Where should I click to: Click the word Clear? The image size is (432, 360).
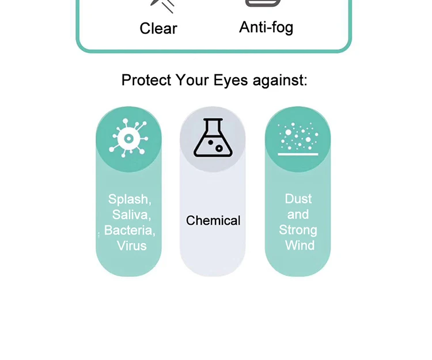click(x=158, y=28)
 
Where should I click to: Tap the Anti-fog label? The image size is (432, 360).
click(x=266, y=27)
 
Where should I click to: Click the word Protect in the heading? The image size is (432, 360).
click(x=146, y=80)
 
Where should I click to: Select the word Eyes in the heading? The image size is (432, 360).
click(x=230, y=80)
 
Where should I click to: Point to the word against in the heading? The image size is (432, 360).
click(x=279, y=80)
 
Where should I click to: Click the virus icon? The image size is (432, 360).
click(x=128, y=139)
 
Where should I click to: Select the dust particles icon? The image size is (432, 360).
click(x=298, y=139)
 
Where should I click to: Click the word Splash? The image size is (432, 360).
click(x=130, y=199)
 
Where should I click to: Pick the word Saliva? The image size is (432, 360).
click(x=131, y=215)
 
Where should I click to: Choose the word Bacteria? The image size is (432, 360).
click(x=130, y=230)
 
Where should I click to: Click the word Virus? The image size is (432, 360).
click(x=131, y=246)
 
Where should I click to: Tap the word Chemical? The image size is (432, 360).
click(x=213, y=221)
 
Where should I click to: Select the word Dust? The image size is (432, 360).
click(x=298, y=199)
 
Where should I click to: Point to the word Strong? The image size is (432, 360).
click(x=298, y=230)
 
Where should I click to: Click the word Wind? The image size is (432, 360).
click(x=300, y=245)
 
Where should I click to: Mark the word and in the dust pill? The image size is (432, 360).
click(x=298, y=214)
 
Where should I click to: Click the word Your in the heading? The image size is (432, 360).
click(x=192, y=80)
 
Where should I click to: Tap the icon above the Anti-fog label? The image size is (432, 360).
click(x=263, y=3)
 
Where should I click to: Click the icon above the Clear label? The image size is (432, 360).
click(x=162, y=5)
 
